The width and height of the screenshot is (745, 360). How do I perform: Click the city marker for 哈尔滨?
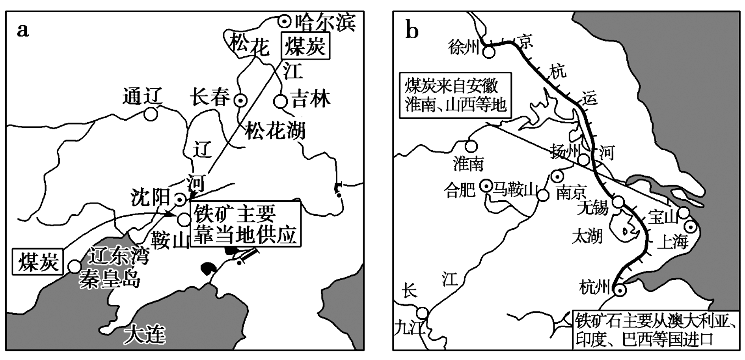pos(284,21)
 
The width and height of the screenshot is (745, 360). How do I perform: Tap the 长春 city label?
pos(210,97)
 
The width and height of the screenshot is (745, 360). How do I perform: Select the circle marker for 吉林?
pos(280,101)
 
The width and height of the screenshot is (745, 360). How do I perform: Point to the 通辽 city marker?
pos(151,114)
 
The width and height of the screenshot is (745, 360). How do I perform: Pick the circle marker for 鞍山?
pos(183,219)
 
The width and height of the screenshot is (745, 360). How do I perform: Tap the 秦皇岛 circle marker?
pos(74,267)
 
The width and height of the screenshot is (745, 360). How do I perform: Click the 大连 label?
pos(145,335)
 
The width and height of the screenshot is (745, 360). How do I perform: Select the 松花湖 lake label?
pos(275,131)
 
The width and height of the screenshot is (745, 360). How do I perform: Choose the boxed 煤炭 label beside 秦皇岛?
pos(38,261)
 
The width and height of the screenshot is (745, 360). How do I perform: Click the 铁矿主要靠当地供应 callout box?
pos(245,224)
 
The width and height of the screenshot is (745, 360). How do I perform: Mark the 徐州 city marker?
pos(489,52)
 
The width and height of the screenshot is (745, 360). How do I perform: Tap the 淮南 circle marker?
pos(471,146)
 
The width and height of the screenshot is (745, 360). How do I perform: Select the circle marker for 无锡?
pos(618,202)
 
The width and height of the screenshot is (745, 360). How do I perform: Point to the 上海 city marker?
pos(691,227)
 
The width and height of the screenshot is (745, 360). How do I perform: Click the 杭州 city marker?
pos(620,290)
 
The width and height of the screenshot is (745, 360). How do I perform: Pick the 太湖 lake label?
pos(587,237)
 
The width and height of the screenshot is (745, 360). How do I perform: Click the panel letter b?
pos(412,30)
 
